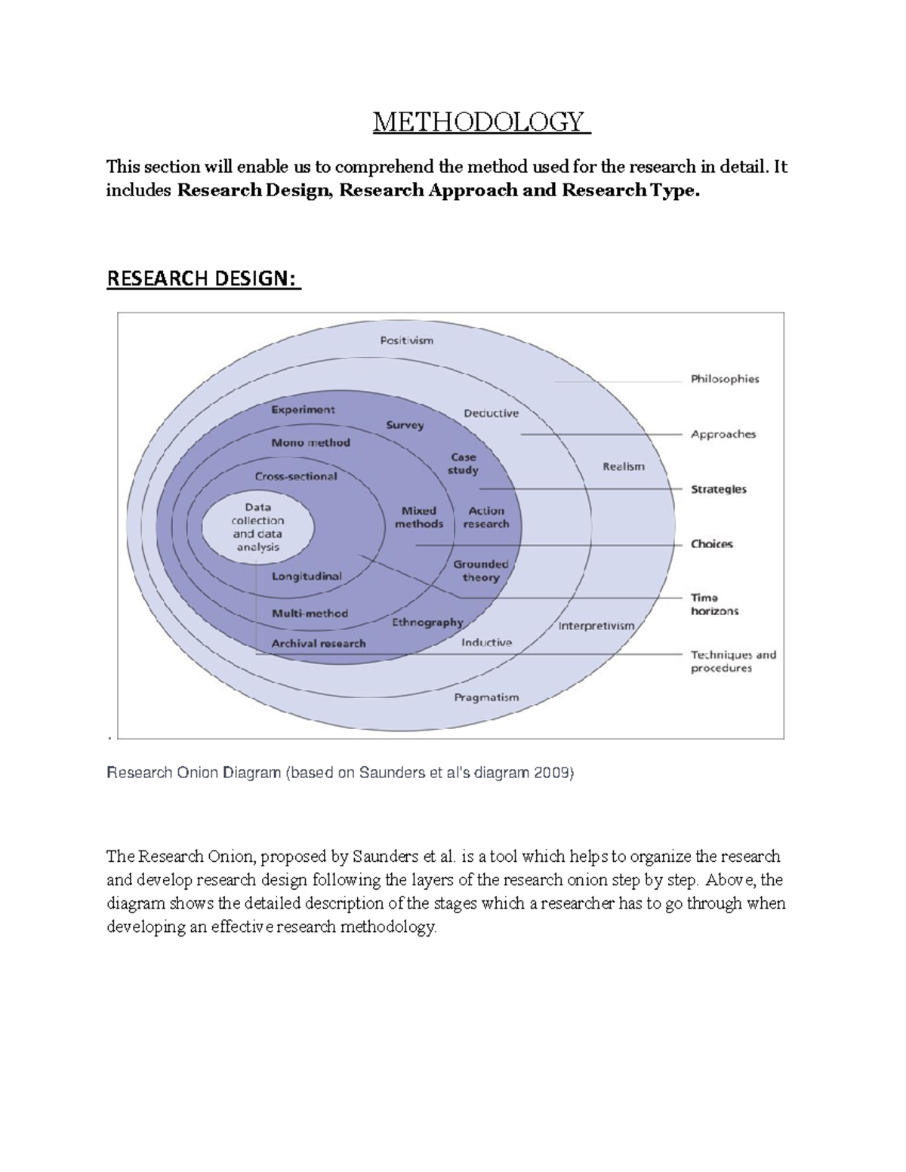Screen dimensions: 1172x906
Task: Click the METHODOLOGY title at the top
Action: [x=481, y=122]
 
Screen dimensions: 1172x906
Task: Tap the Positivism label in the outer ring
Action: [x=406, y=340]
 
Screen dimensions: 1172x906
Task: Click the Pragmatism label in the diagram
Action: [x=486, y=697]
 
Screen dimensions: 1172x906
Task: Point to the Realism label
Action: [x=624, y=466]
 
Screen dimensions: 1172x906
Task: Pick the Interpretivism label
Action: [x=596, y=626]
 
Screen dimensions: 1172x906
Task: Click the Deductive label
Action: [x=491, y=413]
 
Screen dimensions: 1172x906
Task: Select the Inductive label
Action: [x=486, y=642]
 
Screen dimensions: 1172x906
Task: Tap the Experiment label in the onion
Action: [x=303, y=410]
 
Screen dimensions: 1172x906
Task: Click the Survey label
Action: [x=405, y=425]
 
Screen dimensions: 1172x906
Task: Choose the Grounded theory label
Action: [x=481, y=571]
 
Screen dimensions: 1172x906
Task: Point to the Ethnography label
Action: [x=427, y=623]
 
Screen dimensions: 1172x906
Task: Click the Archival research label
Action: [x=318, y=644]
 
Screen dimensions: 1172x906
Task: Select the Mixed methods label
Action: [x=419, y=517]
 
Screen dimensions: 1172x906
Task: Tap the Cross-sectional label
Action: [x=296, y=476]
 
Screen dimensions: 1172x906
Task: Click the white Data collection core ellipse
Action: [x=257, y=527]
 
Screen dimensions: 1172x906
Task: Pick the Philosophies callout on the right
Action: [x=725, y=379]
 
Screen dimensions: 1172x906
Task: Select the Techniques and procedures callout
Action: [x=733, y=661]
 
